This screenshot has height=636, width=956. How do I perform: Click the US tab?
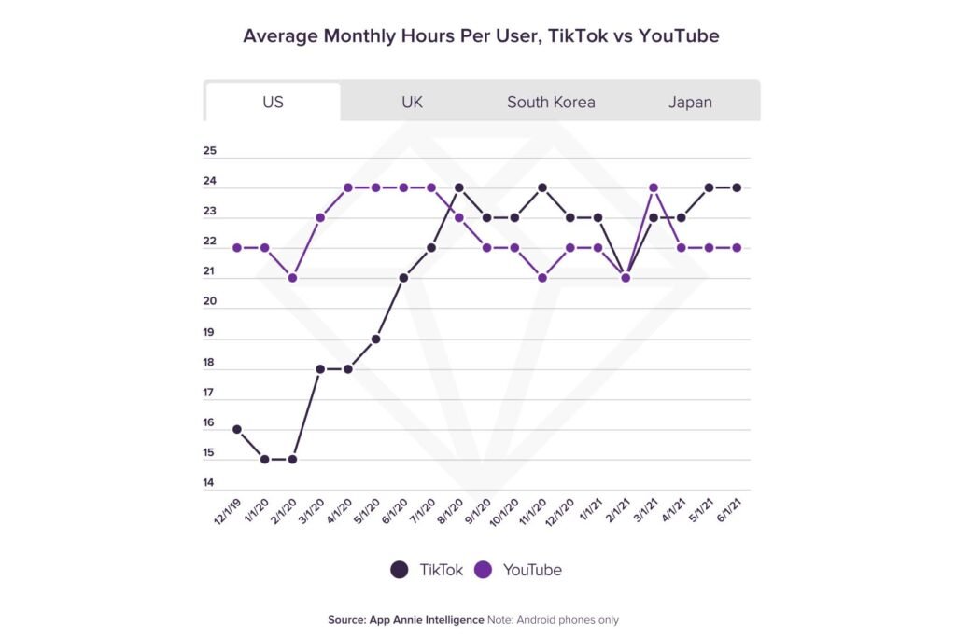coord(273,102)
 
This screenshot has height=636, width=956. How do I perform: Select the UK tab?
coord(412,102)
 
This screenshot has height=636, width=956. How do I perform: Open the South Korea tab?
coord(551,102)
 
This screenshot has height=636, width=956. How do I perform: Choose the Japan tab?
coord(690,102)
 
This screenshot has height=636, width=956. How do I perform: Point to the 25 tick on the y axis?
coord(209,151)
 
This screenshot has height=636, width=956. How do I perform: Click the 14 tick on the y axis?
coord(209,484)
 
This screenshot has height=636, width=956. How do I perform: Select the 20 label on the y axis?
coord(209,302)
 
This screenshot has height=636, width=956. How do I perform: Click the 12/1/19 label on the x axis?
coord(229,508)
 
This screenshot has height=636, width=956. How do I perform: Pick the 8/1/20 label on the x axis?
coord(451,508)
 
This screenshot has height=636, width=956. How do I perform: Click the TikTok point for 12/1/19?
coord(237,430)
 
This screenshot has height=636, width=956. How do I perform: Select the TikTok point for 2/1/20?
coord(292,460)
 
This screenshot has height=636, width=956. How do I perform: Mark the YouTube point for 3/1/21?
coord(654,187)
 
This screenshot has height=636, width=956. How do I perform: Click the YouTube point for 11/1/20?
coord(542,278)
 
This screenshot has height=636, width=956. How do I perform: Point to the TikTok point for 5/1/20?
coord(375,339)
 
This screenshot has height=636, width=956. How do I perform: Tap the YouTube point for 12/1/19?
coord(237,248)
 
